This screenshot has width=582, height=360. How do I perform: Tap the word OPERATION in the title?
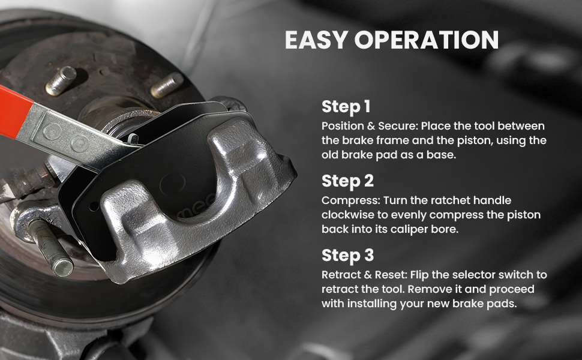click(427, 40)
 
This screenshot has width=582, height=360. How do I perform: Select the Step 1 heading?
click(346, 107)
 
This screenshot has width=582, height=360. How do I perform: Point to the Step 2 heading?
click(347, 181)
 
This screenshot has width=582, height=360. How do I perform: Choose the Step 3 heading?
click(347, 256)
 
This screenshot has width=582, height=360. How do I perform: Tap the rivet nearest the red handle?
click(52, 131)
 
